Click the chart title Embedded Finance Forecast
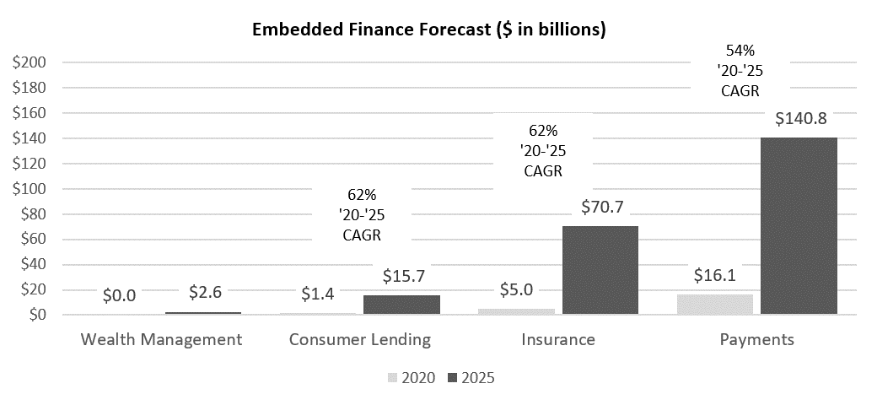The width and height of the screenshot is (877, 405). (430, 30)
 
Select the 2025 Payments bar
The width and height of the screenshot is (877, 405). (799, 225)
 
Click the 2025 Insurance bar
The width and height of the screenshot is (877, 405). (600, 270)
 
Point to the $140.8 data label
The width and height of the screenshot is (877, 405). (799, 120)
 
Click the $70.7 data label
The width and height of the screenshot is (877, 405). (600, 207)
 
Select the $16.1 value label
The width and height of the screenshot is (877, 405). (715, 275)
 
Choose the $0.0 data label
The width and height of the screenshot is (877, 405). (120, 295)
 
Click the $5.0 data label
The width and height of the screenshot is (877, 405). (517, 290)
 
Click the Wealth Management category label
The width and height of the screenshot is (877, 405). (161, 340)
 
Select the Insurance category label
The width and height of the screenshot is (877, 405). (558, 340)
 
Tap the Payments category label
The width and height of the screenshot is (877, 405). (757, 340)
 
